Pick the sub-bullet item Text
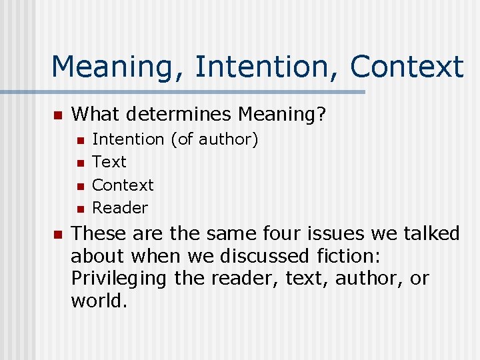109,162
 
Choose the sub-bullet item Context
123,185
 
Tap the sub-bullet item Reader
119,207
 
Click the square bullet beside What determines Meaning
57,116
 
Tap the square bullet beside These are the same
57,234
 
